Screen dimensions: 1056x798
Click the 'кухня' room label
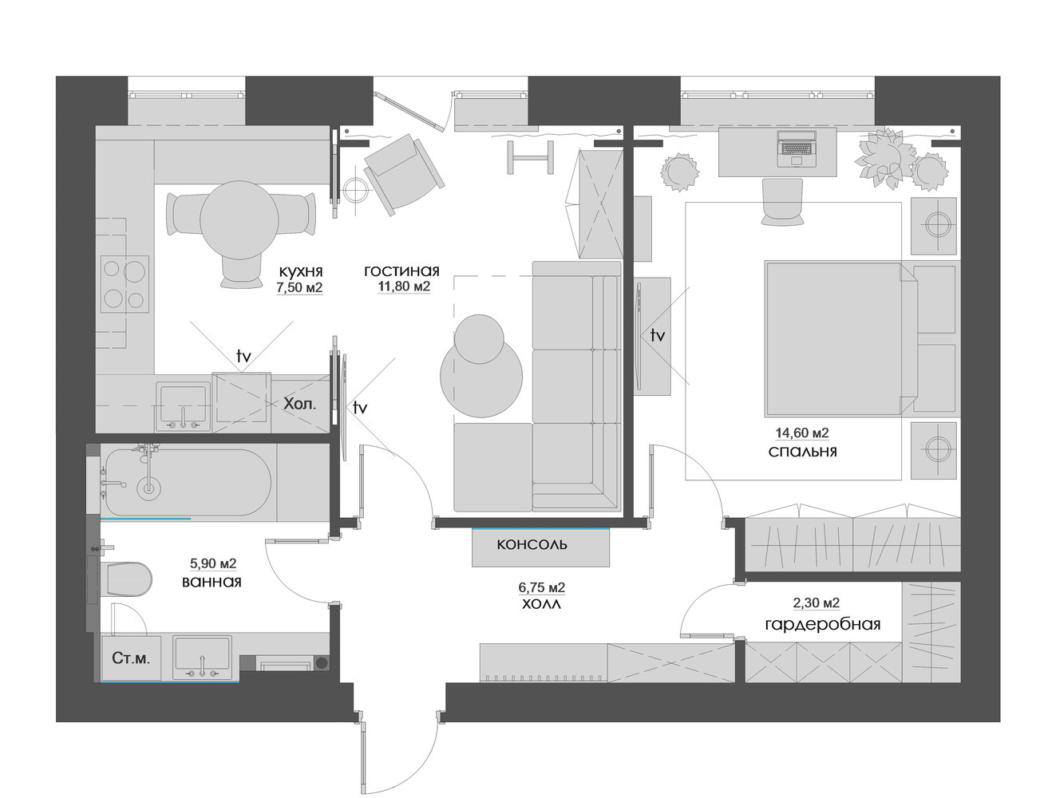click(x=301, y=272)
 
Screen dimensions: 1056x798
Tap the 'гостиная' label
click(x=402, y=271)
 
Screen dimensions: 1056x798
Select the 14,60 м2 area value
click(x=802, y=433)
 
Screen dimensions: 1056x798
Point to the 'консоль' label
click(x=532, y=544)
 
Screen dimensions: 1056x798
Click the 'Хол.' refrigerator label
click(x=300, y=404)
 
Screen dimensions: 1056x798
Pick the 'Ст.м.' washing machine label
click(x=131, y=658)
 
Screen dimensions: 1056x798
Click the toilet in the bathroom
click(x=125, y=579)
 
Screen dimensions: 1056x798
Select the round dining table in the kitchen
click(x=239, y=219)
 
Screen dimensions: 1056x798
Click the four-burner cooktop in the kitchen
click(x=125, y=284)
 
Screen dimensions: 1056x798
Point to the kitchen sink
click(x=183, y=406)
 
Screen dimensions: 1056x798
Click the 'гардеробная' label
click(x=822, y=625)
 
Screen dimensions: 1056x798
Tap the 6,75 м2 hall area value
click(x=542, y=587)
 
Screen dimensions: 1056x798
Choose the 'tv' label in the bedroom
click(x=658, y=335)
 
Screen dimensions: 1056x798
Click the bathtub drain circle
click(x=149, y=488)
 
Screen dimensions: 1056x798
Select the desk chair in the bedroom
click(x=782, y=201)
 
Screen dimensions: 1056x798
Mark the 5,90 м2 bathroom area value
click(x=213, y=563)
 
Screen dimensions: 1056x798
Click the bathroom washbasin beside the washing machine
click(x=202, y=658)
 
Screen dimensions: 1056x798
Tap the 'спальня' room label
click(x=802, y=452)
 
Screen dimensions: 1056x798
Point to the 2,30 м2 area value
click(x=816, y=602)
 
